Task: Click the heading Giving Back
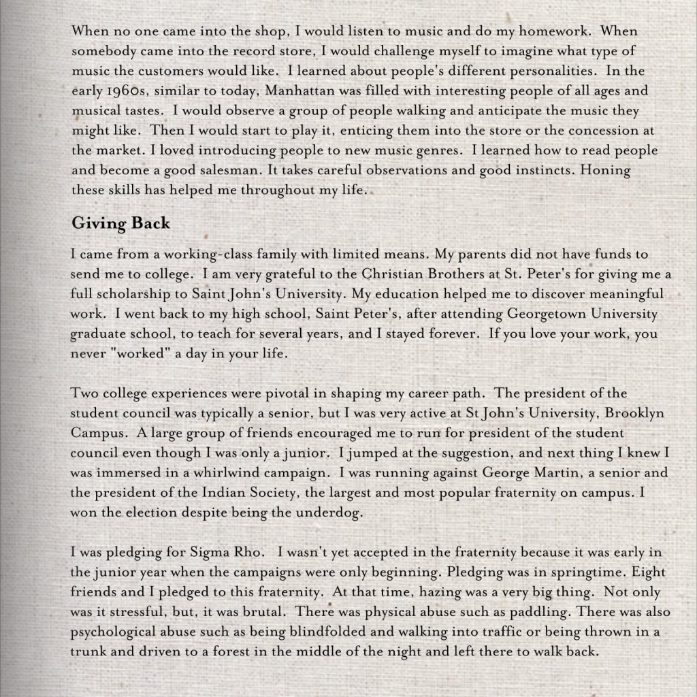120,223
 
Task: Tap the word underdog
329,513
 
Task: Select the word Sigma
200,552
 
